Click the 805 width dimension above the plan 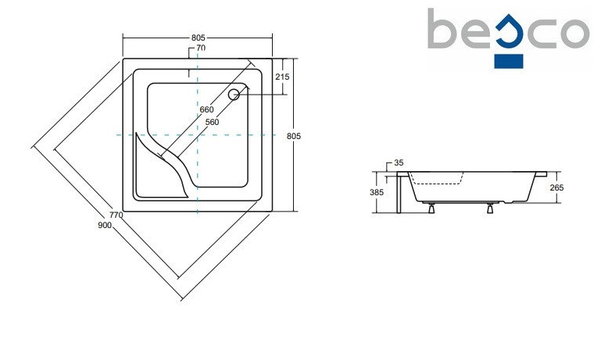pyautogui.click(x=198, y=37)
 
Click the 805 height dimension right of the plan pyautogui.click(x=294, y=136)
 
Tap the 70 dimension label pyautogui.click(x=201, y=48)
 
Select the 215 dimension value pyautogui.click(x=282, y=77)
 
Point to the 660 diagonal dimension pyautogui.click(x=206, y=109)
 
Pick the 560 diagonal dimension pyautogui.click(x=212, y=122)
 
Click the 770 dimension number pyautogui.click(x=116, y=215)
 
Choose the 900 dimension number pyautogui.click(x=106, y=225)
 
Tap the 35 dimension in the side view pyautogui.click(x=399, y=163)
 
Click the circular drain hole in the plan pyautogui.click(x=233, y=94)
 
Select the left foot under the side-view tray pyautogui.click(x=430, y=207)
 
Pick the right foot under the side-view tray pyautogui.click(x=490, y=207)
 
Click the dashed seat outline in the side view pyautogui.click(x=438, y=182)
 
